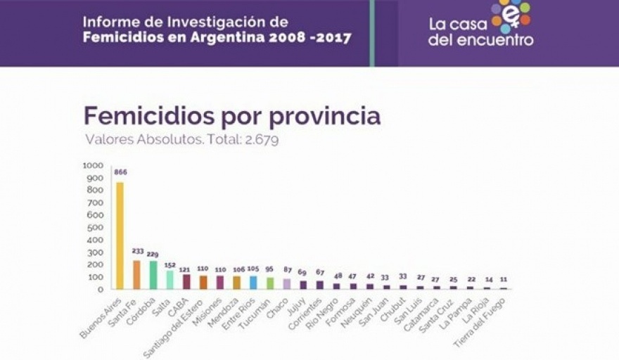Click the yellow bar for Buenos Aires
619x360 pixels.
point(120,236)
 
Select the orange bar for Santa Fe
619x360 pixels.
point(136,275)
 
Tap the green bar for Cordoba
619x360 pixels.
point(153,275)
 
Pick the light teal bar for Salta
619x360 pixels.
point(170,280)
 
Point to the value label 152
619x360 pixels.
point(170,265)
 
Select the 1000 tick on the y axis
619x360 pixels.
point(93,166)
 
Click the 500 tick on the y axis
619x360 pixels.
point(95,227)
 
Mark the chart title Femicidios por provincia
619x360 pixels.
point(232,116)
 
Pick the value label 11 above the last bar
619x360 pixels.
point(503,279)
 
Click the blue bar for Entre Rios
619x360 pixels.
point(253,282)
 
